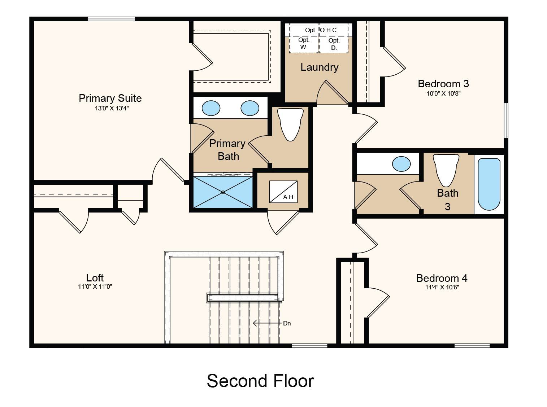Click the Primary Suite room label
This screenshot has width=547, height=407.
point(110,98)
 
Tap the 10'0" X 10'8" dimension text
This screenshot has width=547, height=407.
point(443,93)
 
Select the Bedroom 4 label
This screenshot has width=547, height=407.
point(442,278)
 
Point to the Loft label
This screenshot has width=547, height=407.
point(95,278)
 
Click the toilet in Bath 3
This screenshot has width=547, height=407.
point(446,170)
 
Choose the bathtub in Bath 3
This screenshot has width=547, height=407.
point(489,184)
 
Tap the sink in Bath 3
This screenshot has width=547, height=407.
point(401,164)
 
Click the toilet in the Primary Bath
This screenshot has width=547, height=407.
point(290,125)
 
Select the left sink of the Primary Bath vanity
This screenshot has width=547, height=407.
point(211,108)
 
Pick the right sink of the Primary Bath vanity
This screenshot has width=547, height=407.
point(250,108)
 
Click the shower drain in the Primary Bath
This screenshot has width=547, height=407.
point(223,192)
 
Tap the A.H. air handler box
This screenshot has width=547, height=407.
point(283,192)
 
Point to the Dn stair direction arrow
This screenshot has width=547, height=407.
point(267,323)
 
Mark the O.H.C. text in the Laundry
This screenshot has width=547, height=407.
point(329,30)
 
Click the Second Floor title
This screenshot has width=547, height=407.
point(260,381)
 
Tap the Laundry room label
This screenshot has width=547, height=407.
point(320,67)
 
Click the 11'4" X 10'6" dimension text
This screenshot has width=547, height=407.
point(442,287)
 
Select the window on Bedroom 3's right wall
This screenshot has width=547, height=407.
point(506,121)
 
